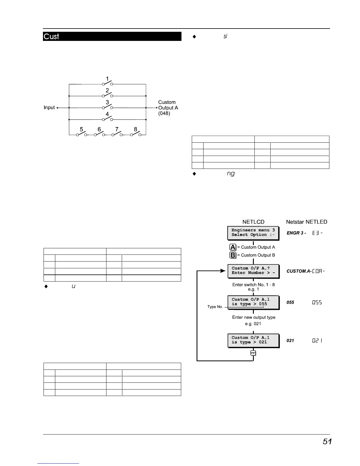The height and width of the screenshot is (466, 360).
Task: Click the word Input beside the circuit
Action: [x=49, y=108]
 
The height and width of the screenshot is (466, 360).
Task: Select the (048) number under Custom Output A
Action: [x=164, y=114]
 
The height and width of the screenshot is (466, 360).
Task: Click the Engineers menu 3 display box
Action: [x=253, y=233]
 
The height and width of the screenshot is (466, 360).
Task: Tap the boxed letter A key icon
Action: [x=233, y=247]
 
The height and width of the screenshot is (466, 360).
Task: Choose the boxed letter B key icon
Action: [x=233, y=255]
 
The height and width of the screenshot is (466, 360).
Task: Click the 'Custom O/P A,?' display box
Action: [x=253, y=271]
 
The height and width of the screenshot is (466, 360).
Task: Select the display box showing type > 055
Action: [x=253, y=302]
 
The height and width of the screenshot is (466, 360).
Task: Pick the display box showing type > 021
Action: [x=253, y=340]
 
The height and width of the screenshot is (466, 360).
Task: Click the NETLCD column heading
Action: [x=253, y=222]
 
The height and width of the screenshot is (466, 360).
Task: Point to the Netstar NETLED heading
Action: [x=306, y=222]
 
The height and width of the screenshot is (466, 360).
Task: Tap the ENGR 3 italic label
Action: [x=296, y=233]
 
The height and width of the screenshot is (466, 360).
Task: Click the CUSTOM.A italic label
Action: [x=298, y=271]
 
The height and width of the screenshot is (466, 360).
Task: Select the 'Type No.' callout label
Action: [x=215, y=307]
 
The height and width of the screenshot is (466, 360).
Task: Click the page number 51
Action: [x=327, y=442]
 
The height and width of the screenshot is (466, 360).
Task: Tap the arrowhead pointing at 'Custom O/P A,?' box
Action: [x=223, y=271]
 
